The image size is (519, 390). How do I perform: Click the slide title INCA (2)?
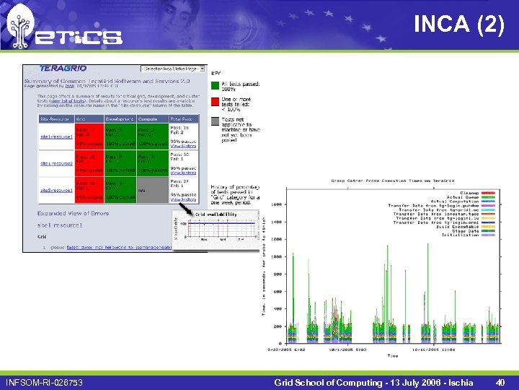click(x=458, y=25)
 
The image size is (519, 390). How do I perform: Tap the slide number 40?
click(x=500, y=382)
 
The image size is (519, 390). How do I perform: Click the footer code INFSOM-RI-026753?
click(x=44, y=382)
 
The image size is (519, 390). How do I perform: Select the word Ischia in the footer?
click(x=457, y=382)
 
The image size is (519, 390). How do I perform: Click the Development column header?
click(x=120, y=118)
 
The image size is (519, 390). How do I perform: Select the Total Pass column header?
click(x=181, y=118)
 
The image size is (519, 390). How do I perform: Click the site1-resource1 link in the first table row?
click(x=56, y=136)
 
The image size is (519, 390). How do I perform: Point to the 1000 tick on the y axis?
click(x=277, y=256)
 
